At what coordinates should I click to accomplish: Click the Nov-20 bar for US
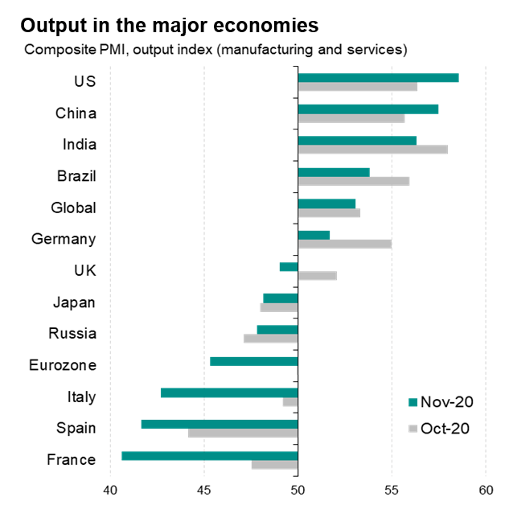point(378,77)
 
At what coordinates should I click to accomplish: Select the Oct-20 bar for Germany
point(344,244)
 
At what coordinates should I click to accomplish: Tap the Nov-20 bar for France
point(209,455)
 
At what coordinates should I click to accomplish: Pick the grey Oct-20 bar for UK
point(317,276)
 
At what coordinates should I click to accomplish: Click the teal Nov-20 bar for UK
point(289,266)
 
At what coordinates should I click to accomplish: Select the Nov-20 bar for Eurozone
point(253,361)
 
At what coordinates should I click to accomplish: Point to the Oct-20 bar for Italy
point(290,401)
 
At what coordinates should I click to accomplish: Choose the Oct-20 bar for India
point(372,150)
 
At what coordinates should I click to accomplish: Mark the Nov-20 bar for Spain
point(220,424)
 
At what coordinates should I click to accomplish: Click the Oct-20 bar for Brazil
point(353,181)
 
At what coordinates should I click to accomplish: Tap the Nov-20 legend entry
point(438,401)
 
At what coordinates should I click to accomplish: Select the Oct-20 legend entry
point(438,428)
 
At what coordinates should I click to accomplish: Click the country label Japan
point(74,302)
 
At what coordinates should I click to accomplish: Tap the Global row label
point(73,208)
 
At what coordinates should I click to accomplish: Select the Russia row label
point(72,334)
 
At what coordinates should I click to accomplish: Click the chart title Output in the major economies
point(169,25)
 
